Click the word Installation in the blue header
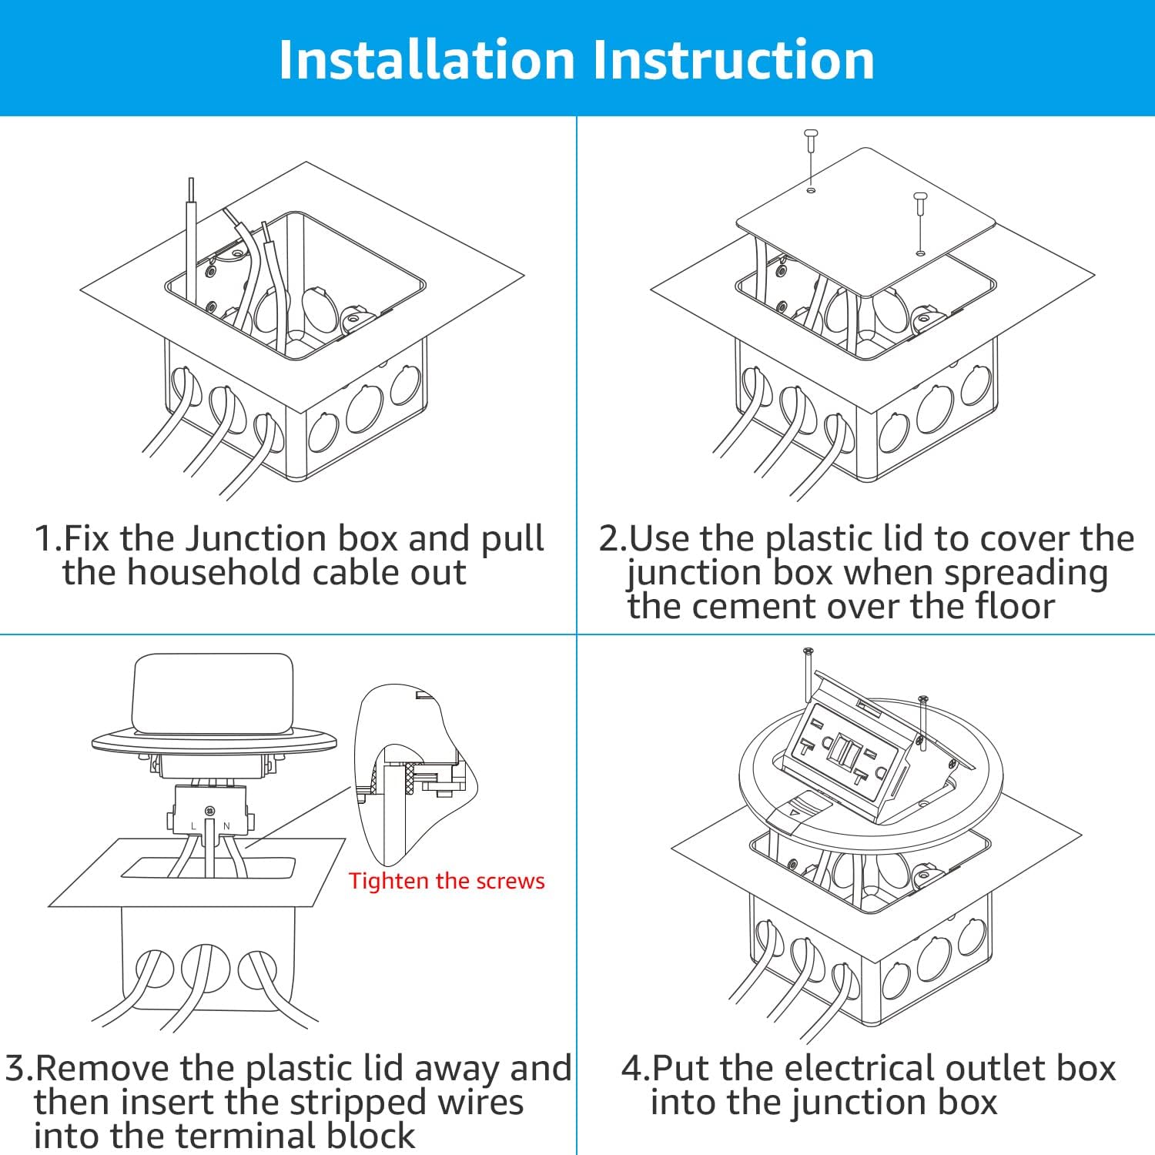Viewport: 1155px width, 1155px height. point(427,60)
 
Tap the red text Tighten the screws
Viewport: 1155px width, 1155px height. point(447,881)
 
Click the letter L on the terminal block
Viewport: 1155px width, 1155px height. point(193,826)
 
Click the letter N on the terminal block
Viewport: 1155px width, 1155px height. point(226,826)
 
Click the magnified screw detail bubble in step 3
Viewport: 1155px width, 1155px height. point(412,770)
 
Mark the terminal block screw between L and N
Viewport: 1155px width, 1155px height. point(209,812)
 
